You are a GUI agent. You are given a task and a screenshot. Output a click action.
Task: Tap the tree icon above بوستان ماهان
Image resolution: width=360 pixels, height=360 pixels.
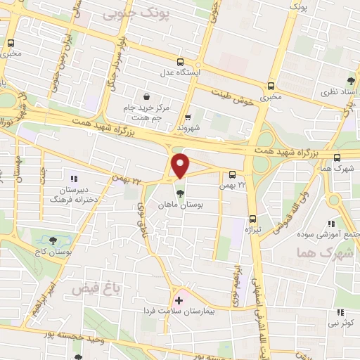click(181, 193)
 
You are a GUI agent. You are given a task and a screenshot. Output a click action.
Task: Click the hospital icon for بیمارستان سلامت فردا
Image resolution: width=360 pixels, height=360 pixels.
click(179, 300)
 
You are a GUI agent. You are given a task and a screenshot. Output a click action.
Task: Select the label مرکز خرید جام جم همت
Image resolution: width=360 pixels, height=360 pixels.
click(147, 111)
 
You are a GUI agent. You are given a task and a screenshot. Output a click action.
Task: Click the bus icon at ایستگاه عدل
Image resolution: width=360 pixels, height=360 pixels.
click(181, 62)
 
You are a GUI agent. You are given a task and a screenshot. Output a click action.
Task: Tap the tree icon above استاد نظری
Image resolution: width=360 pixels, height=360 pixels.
click(350, 82)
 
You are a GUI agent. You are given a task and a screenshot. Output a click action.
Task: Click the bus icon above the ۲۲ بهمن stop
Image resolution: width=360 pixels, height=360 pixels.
click(233, 174)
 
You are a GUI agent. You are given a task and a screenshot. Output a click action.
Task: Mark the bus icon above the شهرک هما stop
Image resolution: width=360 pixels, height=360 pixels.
click(338, 157)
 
